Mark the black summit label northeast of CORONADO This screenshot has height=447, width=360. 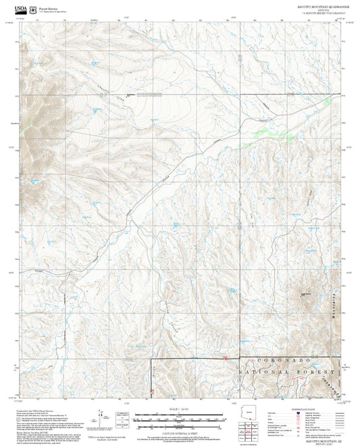point(306,294)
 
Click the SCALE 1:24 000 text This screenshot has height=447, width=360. point(179,409)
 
